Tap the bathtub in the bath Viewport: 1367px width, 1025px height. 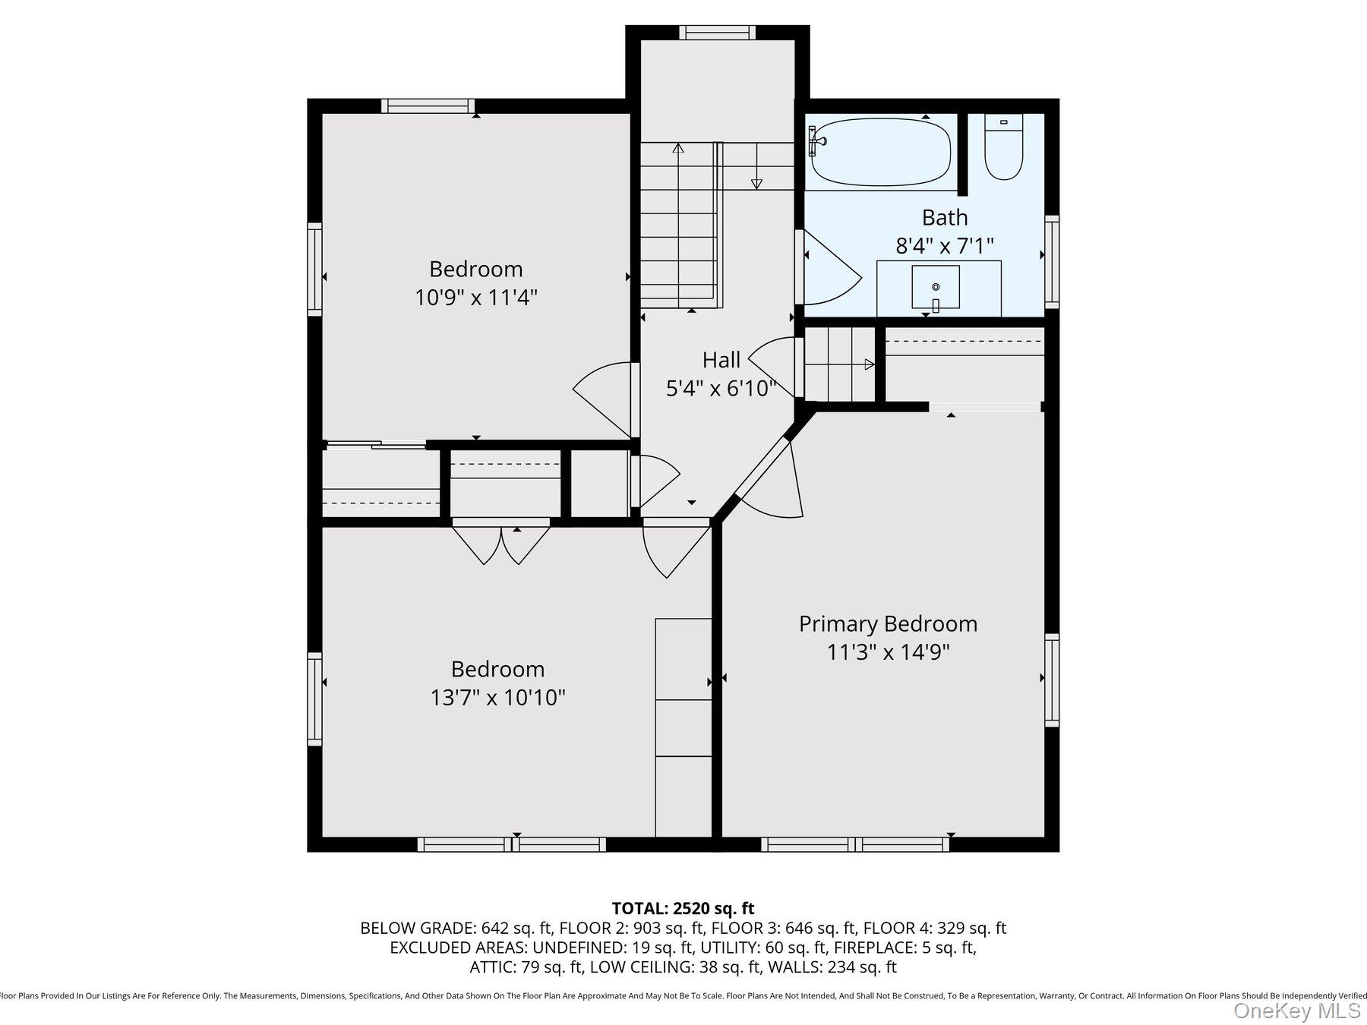pos(881,152)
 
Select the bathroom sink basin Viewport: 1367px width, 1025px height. pos(935,286)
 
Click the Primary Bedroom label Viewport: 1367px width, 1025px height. pos(888,624)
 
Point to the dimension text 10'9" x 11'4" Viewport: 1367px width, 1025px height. pos(476,297)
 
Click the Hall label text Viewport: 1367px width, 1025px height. pos(721,360)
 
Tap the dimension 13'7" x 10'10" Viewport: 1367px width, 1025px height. pos(497,697)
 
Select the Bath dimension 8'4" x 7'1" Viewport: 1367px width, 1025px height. pos(945,246)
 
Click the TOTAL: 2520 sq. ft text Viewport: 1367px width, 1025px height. pos(683,908)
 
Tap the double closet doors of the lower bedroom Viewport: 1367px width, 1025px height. pos(501,544)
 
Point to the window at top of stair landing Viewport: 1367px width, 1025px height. pos(717,32)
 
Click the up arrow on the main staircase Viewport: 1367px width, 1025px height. pos(677,148)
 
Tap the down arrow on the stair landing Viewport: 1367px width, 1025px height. pos(756,183)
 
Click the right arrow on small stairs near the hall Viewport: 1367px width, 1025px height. pos(869,364)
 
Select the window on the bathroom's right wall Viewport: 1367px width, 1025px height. pos(1052,261)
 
